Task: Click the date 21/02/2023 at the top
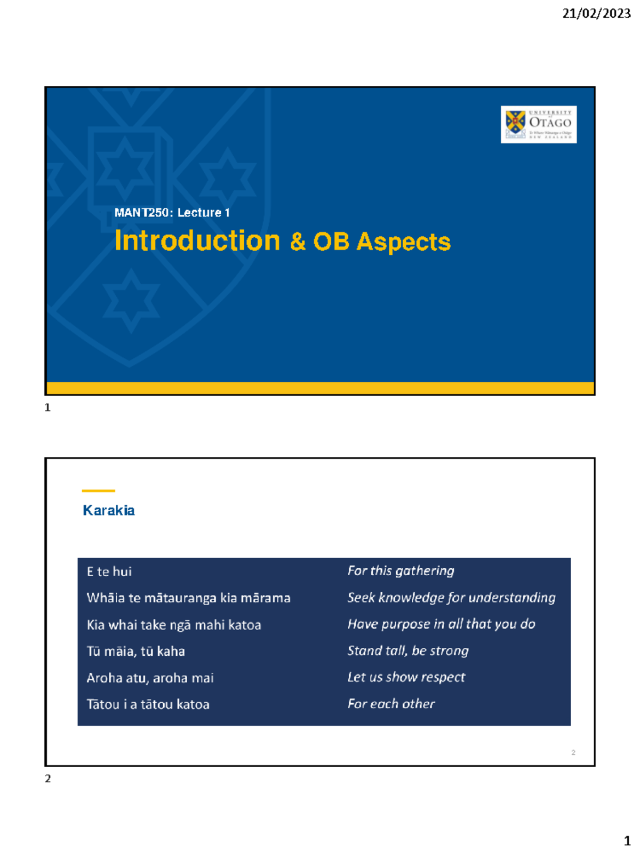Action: coord(596,13)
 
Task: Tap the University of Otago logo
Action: coord(538,124)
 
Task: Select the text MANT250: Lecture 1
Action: coord(172,212)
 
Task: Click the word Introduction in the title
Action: coord(197,241)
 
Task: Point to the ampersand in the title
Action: coord(298,242)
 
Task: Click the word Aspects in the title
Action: coord(403,242)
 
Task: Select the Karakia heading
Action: coord(109,510)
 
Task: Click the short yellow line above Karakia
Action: coord(98,490)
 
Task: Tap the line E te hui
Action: coord(109,572)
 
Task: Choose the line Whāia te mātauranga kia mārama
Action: coord(188,598)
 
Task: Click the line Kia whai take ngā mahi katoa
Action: coord(174,625)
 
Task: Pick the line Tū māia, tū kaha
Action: coord(135,651)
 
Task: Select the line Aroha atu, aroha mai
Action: coord(150,678)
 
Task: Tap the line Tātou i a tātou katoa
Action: coord(148,704)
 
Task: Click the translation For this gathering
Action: coord(401,571)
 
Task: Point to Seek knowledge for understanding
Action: coord(451,598)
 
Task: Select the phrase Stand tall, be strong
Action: coord(408,650)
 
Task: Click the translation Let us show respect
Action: coord(406,677)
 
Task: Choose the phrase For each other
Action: coord(391,704)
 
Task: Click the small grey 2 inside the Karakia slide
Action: coord(573,752)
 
